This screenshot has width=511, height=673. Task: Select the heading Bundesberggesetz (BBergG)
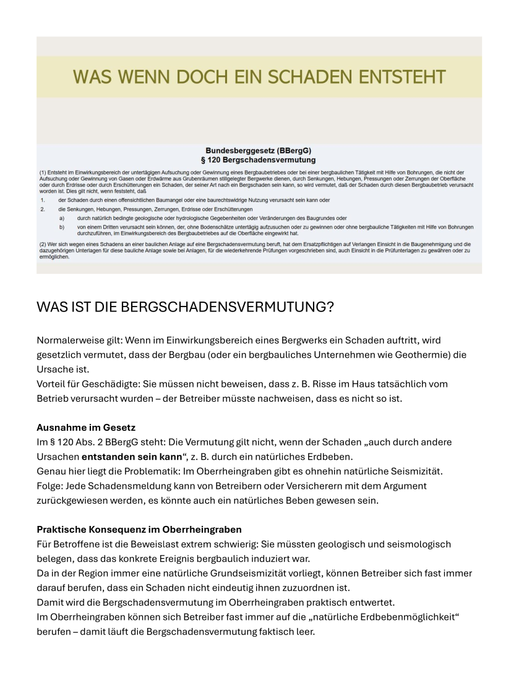[x=258, y=151]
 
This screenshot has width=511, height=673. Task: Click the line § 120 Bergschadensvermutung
[x=258, y=159]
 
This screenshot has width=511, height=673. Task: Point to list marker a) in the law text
[x=62, y=218]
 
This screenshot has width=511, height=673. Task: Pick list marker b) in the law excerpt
[x=62, y=227]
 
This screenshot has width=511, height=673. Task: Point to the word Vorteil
[x=51, y=384]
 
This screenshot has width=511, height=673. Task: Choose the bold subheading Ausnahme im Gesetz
[x=86, y=428]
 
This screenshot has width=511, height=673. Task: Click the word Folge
[x=49, y=486]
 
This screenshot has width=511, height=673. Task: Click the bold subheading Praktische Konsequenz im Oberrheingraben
[x=139, y=530]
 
